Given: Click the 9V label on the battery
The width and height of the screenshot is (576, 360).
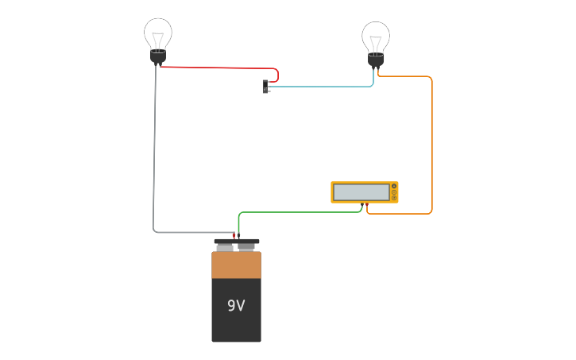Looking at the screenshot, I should coord(236,306).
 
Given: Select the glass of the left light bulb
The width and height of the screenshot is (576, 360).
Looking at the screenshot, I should coord(158,33).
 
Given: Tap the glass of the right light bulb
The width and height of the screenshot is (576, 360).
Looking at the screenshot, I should coord(376,36).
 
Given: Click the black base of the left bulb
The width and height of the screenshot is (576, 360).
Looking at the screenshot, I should coord(158,57).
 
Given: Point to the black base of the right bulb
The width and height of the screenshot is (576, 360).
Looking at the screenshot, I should coord(376,60).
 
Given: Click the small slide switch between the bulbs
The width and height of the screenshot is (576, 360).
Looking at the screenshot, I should coord(265,86).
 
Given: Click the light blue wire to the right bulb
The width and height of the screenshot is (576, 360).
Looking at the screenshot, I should coord(326,87).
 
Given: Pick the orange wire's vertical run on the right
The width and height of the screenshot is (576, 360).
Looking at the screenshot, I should coord(432,143).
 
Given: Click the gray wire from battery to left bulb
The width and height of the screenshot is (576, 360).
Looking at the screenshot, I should coord(155,159).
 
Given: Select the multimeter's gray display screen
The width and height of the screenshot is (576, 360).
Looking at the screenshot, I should coord(361,192).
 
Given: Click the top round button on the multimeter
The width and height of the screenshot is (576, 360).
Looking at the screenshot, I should coord(394,186).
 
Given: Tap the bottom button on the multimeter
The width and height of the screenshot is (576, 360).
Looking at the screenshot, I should coord(394,198).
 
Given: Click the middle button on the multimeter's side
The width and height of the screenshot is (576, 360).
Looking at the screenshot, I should coord(394,192).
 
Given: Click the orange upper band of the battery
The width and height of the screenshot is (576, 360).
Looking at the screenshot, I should coord(236,265).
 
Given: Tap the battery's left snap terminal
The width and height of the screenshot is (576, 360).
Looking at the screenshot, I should coord(225,247).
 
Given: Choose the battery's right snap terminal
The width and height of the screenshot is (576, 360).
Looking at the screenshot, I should coord(246,247).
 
